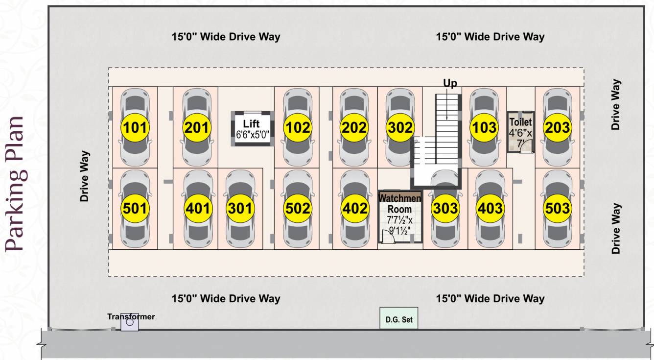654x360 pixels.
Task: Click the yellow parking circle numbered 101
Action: pos(135,128)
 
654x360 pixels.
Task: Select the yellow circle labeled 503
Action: pos(557,209)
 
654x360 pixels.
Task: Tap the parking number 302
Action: pos(400,128)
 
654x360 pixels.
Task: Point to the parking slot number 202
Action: pos(354,128)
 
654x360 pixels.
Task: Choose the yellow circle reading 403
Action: pos(490,209)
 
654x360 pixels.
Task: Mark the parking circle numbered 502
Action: pos(298,209)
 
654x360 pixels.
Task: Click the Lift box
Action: pos(252,128)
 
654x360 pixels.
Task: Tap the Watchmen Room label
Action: pos(400,203)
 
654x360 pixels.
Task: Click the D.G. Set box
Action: pos(399,319)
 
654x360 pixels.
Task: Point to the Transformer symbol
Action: pos(129,322)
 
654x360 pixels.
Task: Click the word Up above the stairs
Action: pos(450,83)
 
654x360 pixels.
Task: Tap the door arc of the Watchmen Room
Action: pos(389,238)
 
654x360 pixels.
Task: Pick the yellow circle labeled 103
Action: pos(485,128)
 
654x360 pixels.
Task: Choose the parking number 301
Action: pos(240,209)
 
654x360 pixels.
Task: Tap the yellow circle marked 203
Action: pos(557,128)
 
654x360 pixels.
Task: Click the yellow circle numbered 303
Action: pos(445,209)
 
